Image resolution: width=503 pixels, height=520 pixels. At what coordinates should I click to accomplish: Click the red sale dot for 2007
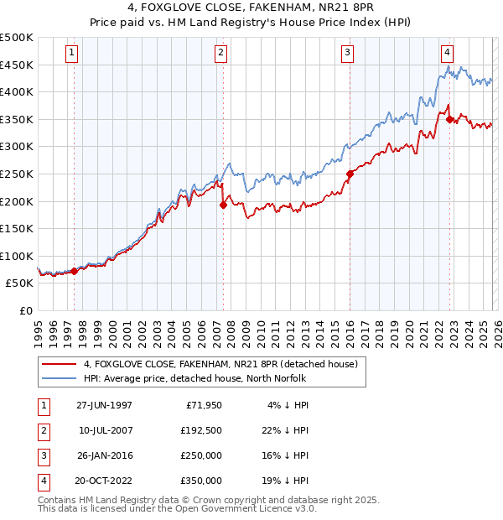click(223, 205)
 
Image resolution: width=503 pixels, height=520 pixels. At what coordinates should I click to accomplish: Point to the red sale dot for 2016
click(350, 174)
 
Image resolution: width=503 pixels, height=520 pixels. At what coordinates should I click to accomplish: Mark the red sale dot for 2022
click(450, 119)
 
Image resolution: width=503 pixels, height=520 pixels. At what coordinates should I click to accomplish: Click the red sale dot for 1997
click(74, 271)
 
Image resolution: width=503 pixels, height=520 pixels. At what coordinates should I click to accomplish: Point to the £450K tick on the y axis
click(17, 65)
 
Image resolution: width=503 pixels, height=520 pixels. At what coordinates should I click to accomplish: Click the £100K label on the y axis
click(17, 256)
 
